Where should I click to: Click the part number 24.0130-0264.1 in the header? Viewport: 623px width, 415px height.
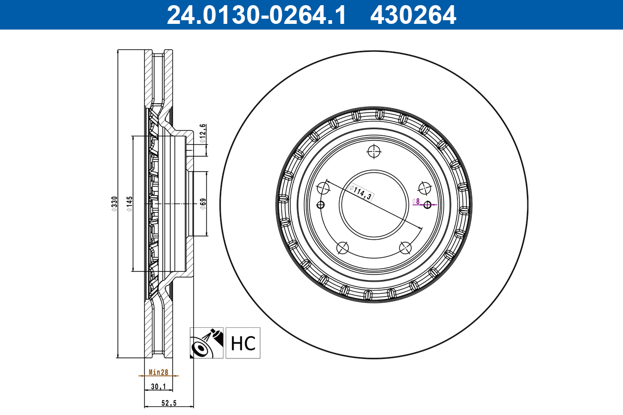255,15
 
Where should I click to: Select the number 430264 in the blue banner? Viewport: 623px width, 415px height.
413,15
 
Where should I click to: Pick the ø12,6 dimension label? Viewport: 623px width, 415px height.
203,134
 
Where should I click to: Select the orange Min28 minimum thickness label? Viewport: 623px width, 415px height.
158,372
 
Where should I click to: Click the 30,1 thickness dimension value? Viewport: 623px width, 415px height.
158,386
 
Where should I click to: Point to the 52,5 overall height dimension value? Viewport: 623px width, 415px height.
168,402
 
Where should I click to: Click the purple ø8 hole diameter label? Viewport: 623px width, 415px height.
416,201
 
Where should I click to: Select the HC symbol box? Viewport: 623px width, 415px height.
243,343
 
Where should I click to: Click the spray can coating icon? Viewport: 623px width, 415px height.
207,343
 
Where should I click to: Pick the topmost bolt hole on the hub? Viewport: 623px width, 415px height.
374,151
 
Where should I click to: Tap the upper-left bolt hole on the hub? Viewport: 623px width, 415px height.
323,188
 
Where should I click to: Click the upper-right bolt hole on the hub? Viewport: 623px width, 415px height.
424,188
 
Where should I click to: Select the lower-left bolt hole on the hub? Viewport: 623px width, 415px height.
342,247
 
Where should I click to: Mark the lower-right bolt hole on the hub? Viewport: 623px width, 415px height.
405,247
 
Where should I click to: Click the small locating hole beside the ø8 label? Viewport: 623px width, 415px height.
427,204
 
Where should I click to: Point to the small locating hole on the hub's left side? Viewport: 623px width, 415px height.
320,204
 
